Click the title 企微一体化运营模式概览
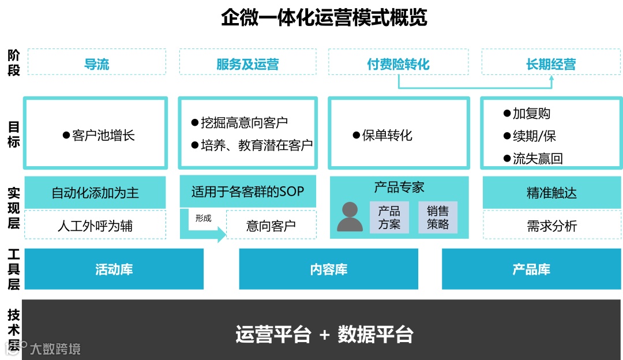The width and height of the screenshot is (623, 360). click(x=324, y=18)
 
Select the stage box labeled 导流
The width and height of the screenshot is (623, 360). click(x=96, y=62)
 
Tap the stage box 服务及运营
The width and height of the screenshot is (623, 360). click(x=247, y=62)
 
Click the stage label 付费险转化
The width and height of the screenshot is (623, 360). click(x=398, y=62)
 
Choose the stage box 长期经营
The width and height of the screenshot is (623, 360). click(x=551, y=62)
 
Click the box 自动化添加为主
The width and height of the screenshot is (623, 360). click(x=95, y=193)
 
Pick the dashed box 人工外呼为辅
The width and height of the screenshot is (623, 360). click(x=95, y=225)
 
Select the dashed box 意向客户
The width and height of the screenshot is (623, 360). click(x=271, y=225)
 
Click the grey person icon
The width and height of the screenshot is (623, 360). click(x=350, y=217)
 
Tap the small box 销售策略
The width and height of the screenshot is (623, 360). click(x=438, y=217)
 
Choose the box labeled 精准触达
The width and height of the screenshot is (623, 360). click(x=551, y=193)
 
